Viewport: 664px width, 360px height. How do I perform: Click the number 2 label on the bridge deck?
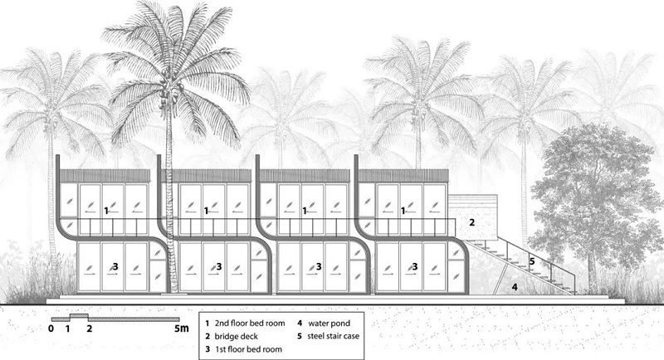471,222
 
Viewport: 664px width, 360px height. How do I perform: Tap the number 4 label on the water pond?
515,287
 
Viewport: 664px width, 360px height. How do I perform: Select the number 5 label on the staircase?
532,260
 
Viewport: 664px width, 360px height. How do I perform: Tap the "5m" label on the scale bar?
183,329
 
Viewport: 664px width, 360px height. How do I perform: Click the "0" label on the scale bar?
51,329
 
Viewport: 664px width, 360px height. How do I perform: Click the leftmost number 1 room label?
107,212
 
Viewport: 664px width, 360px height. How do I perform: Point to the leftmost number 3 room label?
115,266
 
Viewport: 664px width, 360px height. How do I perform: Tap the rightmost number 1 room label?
404,212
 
